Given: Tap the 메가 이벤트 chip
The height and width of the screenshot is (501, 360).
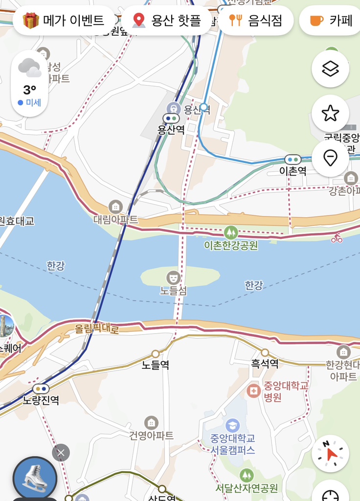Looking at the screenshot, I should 64,21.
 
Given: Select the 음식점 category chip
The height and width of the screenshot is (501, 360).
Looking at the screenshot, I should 256,21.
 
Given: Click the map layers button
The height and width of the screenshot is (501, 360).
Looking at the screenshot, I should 330,69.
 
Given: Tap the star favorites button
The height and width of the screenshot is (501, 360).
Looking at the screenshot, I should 330,114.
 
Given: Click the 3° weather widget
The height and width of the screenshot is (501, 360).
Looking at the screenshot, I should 29,83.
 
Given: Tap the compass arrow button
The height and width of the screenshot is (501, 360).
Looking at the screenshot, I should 330,454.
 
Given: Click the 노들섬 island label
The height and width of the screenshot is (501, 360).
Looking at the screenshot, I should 173,290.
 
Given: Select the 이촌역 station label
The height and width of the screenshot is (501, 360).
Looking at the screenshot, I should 292,171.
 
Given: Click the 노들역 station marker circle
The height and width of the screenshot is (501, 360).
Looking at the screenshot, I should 156,354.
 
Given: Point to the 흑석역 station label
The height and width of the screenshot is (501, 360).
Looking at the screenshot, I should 265,364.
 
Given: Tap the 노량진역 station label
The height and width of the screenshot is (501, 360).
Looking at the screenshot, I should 41,400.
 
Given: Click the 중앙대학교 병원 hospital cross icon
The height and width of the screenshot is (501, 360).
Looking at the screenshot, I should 253,390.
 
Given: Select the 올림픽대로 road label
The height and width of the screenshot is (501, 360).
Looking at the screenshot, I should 97,328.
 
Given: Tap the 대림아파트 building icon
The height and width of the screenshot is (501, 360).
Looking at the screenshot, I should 115,206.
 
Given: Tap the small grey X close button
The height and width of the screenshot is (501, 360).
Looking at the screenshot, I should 61,453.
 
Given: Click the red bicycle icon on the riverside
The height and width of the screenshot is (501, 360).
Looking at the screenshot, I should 337,238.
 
